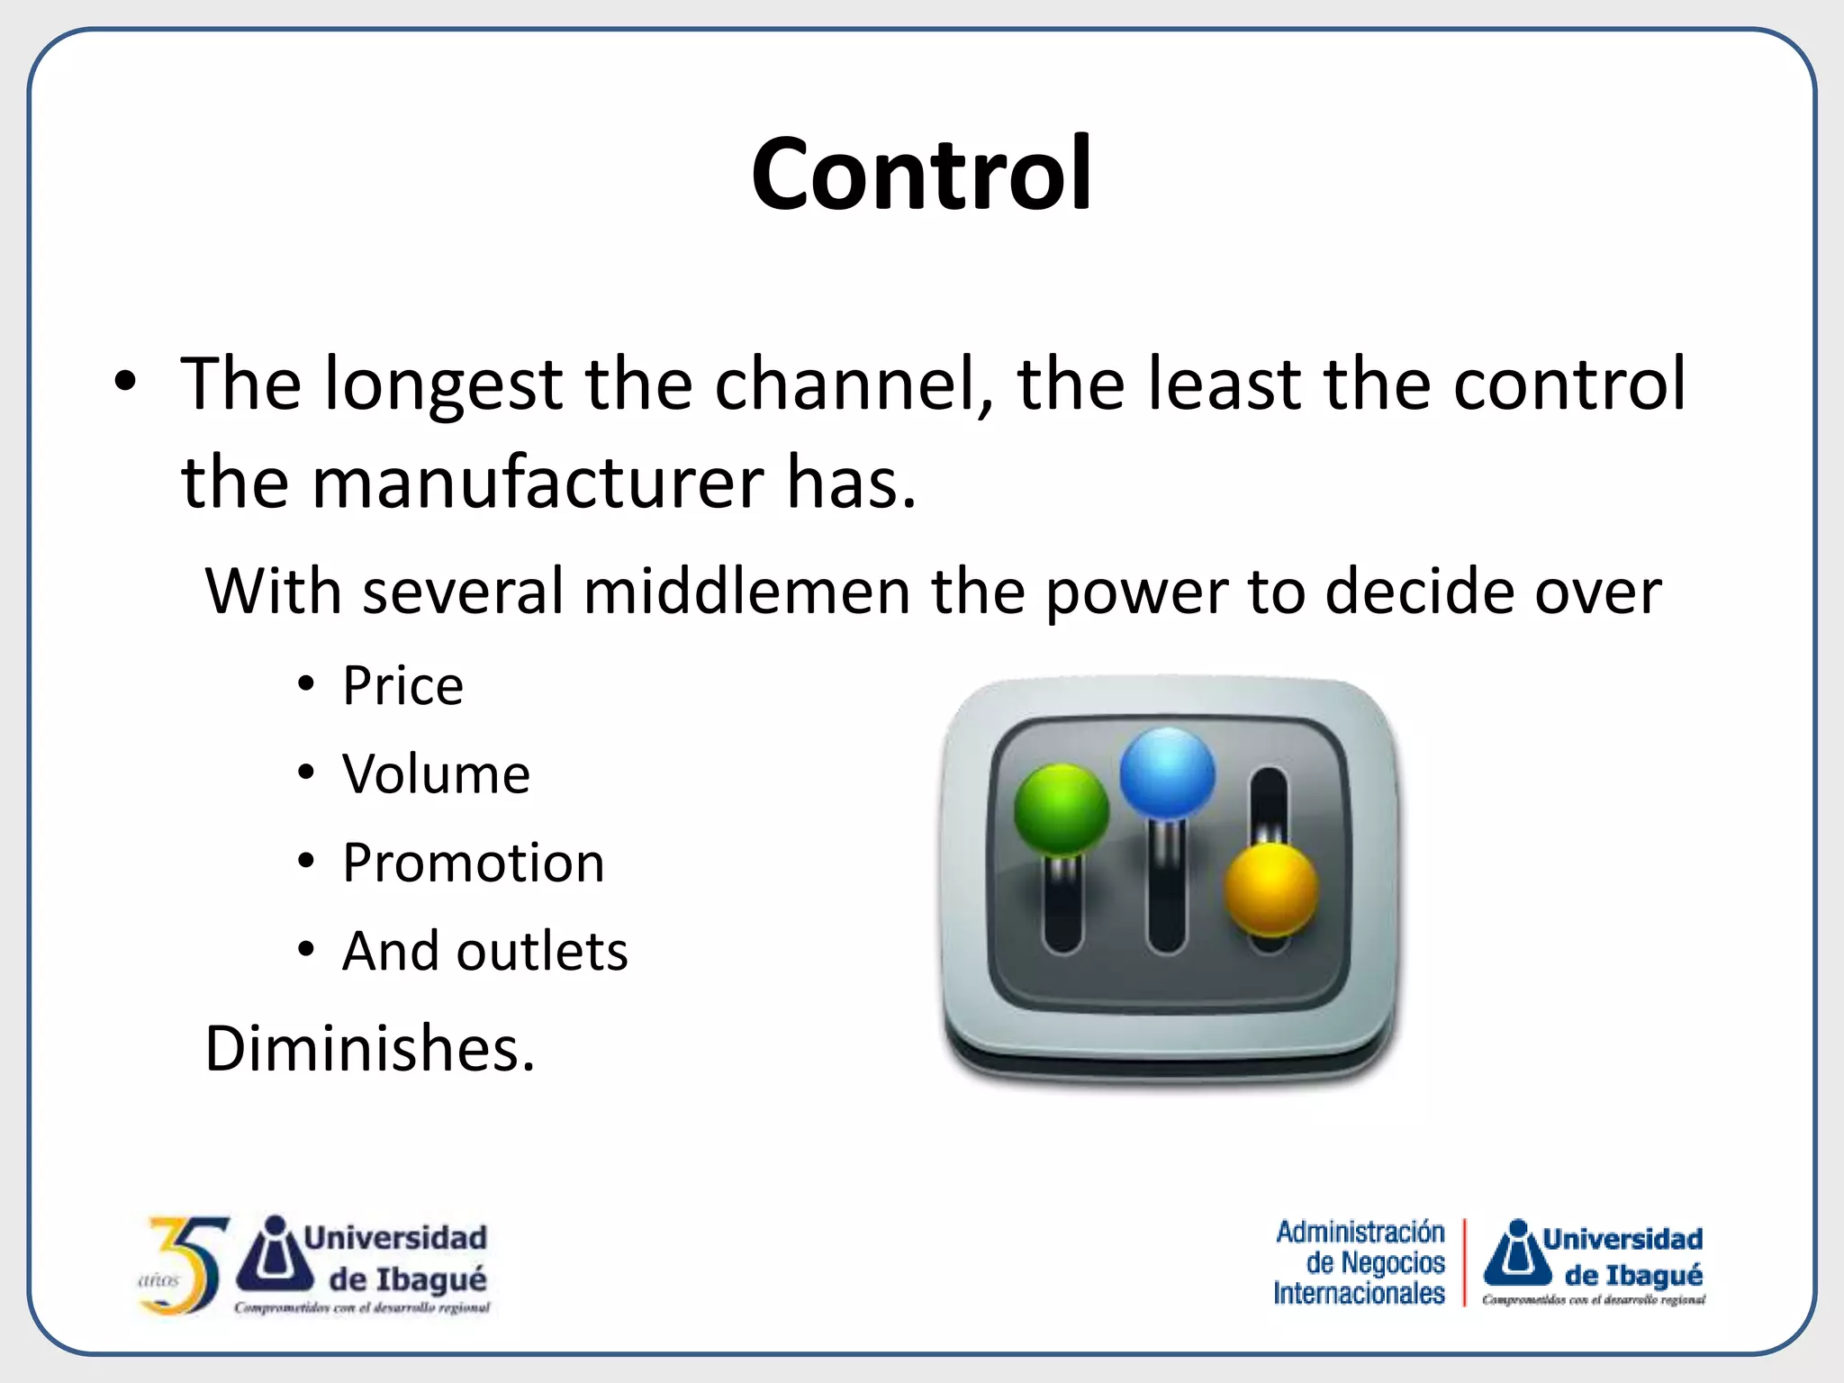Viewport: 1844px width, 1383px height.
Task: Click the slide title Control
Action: click(x=921, y=173)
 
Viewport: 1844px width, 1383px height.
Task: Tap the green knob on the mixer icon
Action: click(x=1061, y=808)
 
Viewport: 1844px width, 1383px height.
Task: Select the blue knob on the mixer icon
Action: click(x=1167, y=773)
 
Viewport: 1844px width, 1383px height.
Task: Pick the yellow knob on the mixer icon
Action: click(x=1270, y=888)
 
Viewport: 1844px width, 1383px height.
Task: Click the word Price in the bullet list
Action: click(x=402, y=686)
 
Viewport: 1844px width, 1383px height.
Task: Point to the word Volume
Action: click(x=436, y=774)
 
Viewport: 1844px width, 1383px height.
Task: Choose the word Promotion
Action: click(x=474, y=863)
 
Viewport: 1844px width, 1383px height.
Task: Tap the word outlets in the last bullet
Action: click(x=542, y=951)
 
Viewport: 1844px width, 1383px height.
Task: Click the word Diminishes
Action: click(x=369, y=1049)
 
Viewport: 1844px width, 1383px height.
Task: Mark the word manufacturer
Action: click(x=538, y=483)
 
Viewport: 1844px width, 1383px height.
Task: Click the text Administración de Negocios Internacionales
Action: click(x=1360, y=1262)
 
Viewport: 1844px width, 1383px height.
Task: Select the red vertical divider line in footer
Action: click(x=1465, y=1262)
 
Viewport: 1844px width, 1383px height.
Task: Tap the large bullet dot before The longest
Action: click(x=125, y=382)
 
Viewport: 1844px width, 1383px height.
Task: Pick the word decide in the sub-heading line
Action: click(x=1420, y=592)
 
